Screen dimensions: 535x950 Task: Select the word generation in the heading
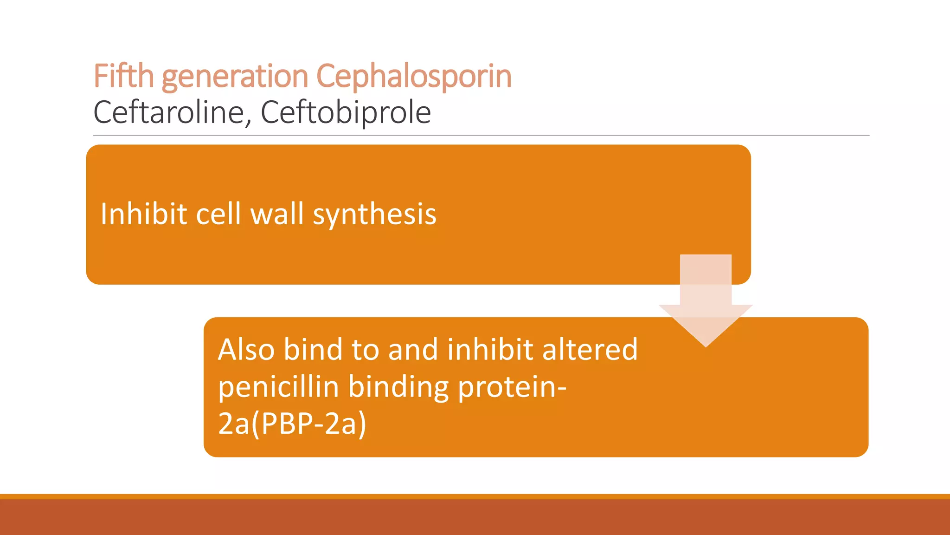[235, 77]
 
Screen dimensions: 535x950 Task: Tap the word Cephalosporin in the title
[414, 77]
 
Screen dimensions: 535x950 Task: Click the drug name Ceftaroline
[169, 112]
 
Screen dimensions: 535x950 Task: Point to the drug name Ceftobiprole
[346, 112]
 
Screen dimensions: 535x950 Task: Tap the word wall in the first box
[277, 214]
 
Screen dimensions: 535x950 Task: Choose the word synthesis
[374, 215]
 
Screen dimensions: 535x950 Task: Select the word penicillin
[278, 387]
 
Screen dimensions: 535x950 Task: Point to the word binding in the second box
[398, 388]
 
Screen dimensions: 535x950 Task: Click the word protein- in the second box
[512, 387]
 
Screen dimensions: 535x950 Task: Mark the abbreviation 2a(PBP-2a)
[292, 424]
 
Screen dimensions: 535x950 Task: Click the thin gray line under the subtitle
[481, 136]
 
